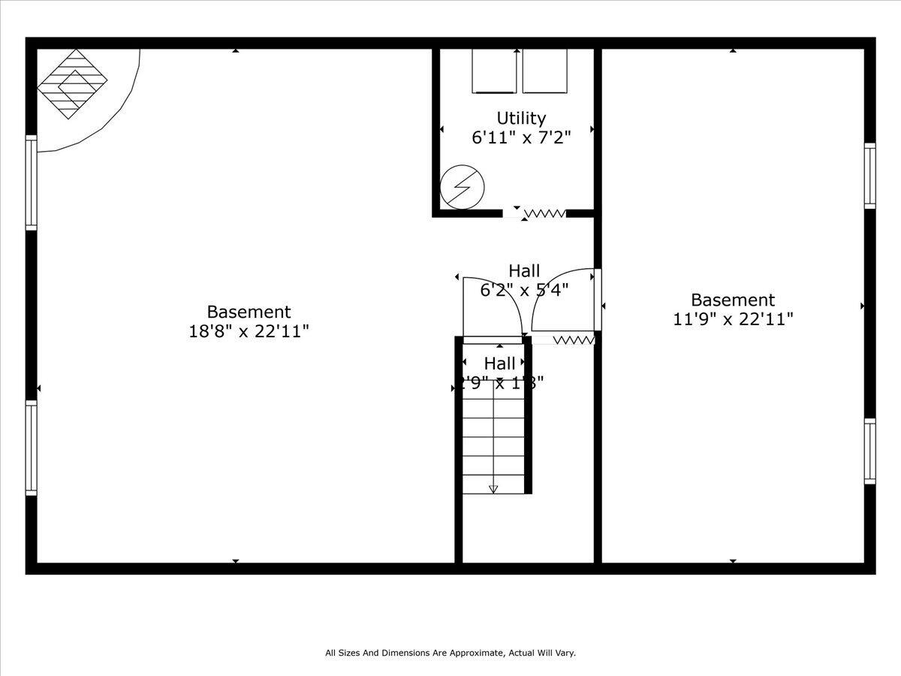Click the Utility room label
521,118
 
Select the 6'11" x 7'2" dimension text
521,137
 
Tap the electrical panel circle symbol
462,186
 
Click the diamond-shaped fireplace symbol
72,83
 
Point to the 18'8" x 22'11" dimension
249,331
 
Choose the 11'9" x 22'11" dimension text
733,319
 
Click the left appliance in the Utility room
494,71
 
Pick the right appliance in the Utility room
544,71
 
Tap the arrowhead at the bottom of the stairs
493,489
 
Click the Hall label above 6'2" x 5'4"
524,270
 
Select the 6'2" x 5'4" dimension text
524,289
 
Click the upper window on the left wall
31,183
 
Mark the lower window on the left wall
31,448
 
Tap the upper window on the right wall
869,176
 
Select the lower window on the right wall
869,451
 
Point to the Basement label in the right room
733,300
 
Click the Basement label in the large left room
249,312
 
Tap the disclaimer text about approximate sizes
450,653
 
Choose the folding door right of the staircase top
574,340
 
